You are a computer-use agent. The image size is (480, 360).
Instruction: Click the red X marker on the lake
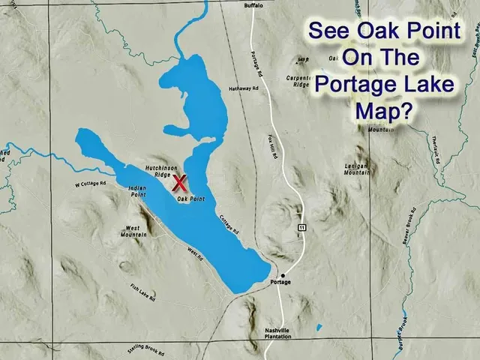pos(180,183)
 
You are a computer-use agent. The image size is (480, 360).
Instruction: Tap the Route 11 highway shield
pos(301,226)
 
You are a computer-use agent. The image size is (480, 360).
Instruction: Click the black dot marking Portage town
pos(284,275)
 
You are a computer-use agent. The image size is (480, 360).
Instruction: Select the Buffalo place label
pos(254,5)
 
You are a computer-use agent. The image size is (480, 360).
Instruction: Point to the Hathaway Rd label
pos(244,88)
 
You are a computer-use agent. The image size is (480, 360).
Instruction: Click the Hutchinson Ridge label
pos(157,170)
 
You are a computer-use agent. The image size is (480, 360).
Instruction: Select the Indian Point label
pos(137,191)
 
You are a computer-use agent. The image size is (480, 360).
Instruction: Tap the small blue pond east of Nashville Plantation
pos(318,328)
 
